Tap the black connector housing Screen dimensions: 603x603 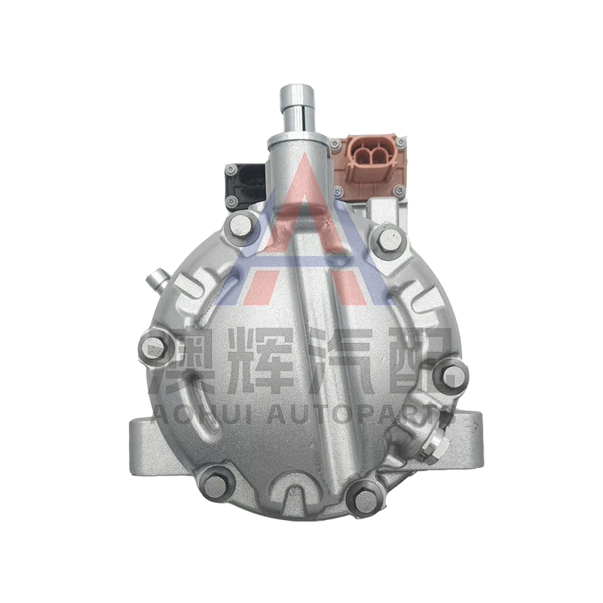[245, 185]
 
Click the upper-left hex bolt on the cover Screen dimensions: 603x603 [240, 226]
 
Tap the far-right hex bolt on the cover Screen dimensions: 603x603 [451, 375]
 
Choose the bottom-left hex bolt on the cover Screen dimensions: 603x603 [216, 485]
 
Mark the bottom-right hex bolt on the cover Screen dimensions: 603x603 [364, 500]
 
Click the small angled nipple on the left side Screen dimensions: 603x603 [158, 280]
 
